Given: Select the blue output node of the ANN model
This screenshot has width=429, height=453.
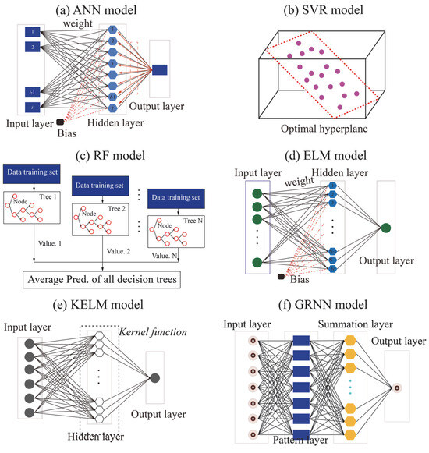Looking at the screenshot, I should coord(160,70).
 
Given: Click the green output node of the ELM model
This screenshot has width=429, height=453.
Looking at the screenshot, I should coord(385,228).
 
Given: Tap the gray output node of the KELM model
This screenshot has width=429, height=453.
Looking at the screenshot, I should coord(155,378).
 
